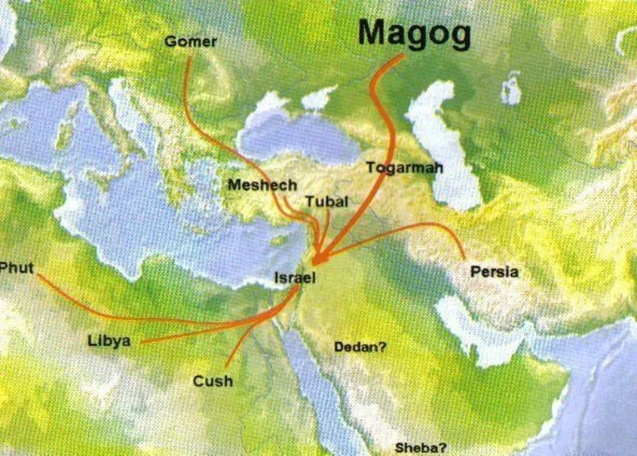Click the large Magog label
(414, 34)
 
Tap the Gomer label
(190, 41)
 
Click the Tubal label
(326, 202)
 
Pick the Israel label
(295, 278)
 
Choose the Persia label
(494, 272)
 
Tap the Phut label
(17, 268)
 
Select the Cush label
(213, 381)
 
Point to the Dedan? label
(361, 347)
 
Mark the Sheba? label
(420, 448)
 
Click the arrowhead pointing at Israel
(316, 260)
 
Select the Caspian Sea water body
(446, 147)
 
